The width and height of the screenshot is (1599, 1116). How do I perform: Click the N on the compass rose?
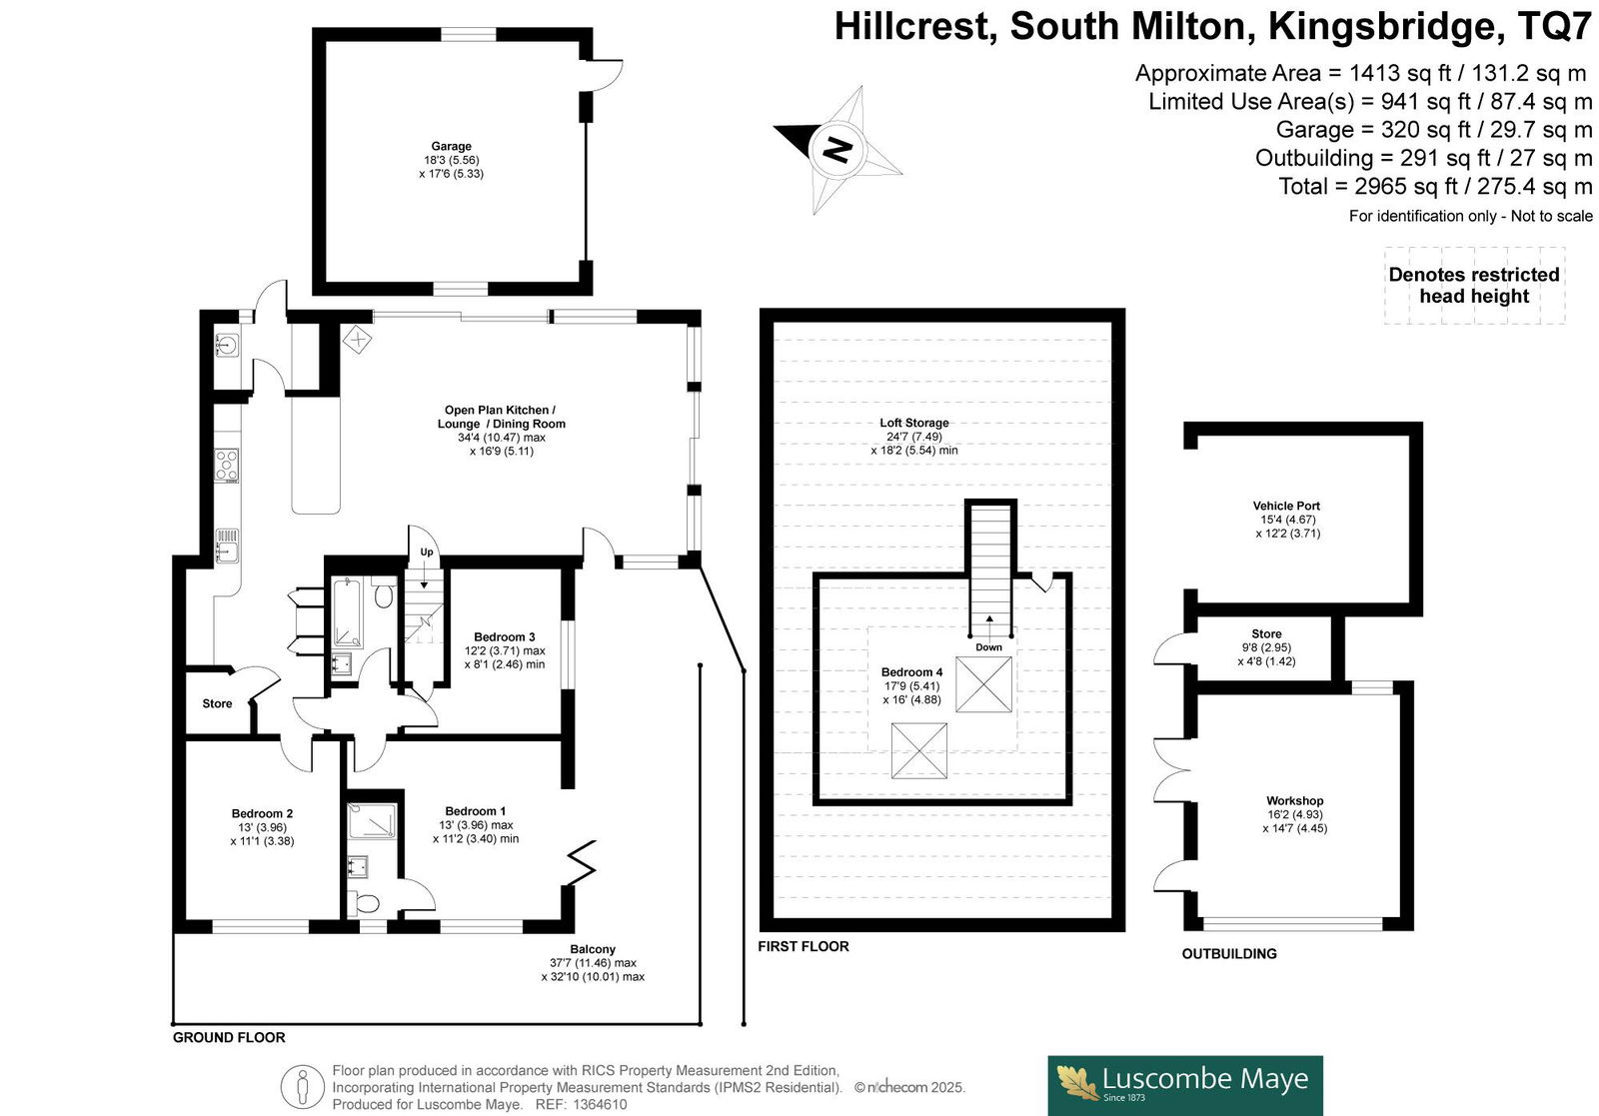pyautogui.click(x=837, y=150)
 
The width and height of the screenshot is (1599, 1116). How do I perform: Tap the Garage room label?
pyautogui.click(x=451, y=146)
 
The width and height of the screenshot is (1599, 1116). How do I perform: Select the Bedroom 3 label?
pyautogui.click(x=504, y=637)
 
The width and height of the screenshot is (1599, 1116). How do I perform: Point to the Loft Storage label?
pyautogui.click(x=913, y=423)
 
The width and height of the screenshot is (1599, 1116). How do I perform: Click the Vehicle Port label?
pyautogui.click(x=1286, y=506)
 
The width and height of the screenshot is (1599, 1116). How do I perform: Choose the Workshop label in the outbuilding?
pyautogui.click(x=1295, y=800)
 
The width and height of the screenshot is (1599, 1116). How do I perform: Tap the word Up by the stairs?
pyautogui.click(x=426, y=552)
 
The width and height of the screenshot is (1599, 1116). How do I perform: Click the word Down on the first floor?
pyautogui.click(x=988, y=647)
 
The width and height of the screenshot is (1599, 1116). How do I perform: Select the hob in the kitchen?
pyautogui.click(x=227, y=466)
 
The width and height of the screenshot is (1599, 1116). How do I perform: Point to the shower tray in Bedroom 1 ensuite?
pyautogui.click(x=371, y=820)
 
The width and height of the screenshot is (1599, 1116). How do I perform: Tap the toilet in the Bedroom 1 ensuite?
pyautogui.click(x=364, y=903)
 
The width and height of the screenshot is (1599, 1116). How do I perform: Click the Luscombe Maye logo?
pyautogui.click(x=1185, y=1085)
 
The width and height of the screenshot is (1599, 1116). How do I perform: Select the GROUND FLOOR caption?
pyautogui.click(x=229, y=1037)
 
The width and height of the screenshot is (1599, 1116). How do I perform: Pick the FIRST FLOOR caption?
pyautogui.click(x=803, y=946)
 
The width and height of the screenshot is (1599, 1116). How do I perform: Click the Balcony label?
pyautogui.click(x=593, y=949)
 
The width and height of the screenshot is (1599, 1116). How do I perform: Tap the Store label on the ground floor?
pyautogui.click(x=217, y=703)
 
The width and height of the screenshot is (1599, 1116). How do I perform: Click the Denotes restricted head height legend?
pyautogui.click(x=1474, y=286)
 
